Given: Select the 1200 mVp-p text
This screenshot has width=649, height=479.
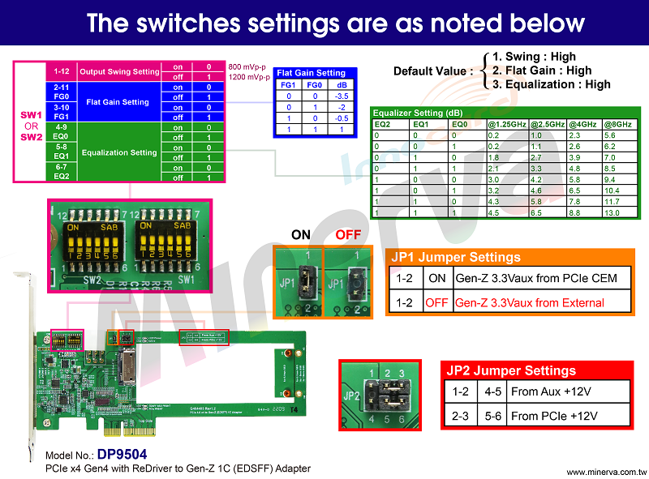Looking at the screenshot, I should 249,77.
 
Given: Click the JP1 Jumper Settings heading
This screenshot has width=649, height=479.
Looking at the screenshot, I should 456,257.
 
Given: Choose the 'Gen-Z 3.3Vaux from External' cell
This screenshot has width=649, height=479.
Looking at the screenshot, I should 529,302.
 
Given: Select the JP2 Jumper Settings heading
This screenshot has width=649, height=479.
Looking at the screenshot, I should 511,370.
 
